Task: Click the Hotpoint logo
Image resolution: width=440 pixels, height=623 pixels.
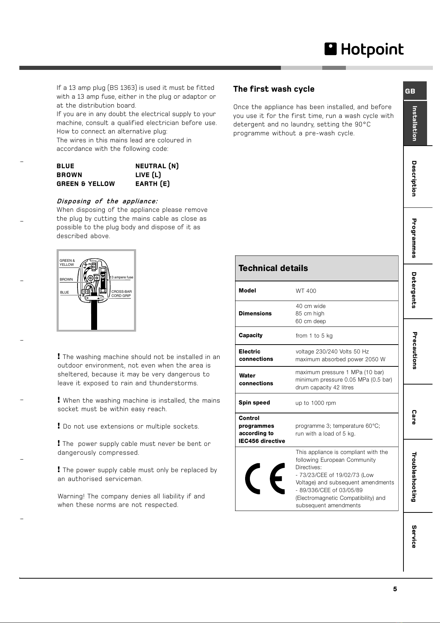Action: (364, 50)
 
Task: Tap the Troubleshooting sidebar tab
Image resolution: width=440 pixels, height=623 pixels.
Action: (414, 477)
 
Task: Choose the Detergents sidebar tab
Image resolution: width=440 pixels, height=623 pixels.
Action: (414, 290)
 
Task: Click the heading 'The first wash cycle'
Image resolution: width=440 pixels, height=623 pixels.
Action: (274, 89)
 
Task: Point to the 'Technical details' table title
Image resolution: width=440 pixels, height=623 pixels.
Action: (273, 268)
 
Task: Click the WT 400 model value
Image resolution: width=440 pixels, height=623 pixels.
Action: (306, 291)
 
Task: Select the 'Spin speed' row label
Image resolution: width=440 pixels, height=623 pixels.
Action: (254, 403)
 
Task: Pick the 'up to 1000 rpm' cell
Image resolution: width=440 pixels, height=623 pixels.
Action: (316, 403)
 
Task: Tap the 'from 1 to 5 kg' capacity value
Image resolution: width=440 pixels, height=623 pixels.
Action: (314, 336)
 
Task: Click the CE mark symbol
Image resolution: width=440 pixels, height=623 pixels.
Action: (265, 478)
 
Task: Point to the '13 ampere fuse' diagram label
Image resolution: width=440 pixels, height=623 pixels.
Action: (121, 277)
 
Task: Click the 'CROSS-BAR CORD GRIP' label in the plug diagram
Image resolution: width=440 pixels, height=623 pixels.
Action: (121, 294)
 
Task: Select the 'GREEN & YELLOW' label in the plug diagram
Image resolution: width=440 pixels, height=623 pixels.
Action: (67, 263)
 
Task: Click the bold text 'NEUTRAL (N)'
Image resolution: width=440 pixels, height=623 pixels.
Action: (157, 166)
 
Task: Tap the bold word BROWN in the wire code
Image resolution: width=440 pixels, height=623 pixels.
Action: (69, 175)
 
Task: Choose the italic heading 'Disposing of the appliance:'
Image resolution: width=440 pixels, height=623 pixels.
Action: (107, 201)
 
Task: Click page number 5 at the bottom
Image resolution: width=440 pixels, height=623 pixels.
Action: (395, 589)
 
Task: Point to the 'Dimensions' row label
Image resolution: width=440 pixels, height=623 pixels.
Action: (255, 314)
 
